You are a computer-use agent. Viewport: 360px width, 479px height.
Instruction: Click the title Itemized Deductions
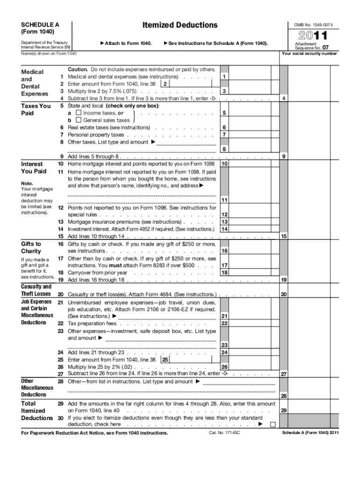[x=180, y=25]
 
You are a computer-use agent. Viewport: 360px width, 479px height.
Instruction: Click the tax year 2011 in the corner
[x=313, y=36]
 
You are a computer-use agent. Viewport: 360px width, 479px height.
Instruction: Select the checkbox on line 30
[x=273, y=424]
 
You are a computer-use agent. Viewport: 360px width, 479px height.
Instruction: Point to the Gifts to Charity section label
[x=31, y=247]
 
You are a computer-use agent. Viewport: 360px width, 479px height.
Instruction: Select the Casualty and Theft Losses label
[x=36, y=290]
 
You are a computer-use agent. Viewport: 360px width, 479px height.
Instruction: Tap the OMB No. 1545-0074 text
[x=313, y=24]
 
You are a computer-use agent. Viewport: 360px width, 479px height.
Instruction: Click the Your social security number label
[x=309, y=53]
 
